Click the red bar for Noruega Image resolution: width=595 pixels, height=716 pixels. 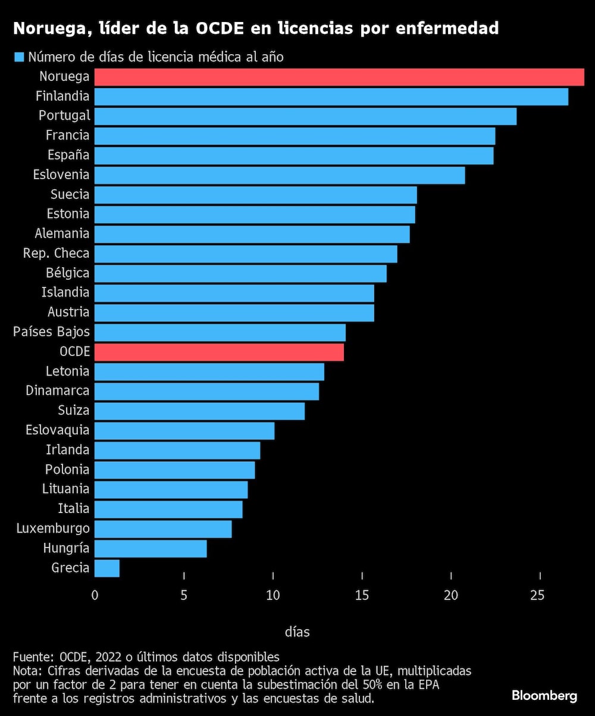tap(339, 77)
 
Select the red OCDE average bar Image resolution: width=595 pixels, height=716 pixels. tap(219, 352)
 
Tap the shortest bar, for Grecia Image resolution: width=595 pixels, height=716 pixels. tap(107, 568)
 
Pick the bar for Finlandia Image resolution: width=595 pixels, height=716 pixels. tap(331, 96)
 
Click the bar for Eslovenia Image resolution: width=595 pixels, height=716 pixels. tap(280, 175)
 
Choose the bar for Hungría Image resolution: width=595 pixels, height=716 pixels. tap(151, 548)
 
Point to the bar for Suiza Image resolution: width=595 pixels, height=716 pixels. tap(199, 411)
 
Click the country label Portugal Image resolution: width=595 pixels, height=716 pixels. tap(64, 115)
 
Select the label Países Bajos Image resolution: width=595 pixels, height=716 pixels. tap(51, 332)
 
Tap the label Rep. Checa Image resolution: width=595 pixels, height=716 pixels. tap(56, 253)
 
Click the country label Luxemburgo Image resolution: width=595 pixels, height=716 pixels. tap(53, 528)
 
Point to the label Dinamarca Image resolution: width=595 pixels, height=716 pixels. tap(58, 390)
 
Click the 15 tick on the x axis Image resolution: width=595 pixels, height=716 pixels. tap(362, 595)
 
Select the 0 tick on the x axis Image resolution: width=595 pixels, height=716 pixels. tap(95, 595)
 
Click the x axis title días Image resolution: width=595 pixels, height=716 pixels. tap(297, 631)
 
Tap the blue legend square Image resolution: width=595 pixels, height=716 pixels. tap(18, 58)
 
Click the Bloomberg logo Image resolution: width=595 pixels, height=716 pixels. tap(544, 695)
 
